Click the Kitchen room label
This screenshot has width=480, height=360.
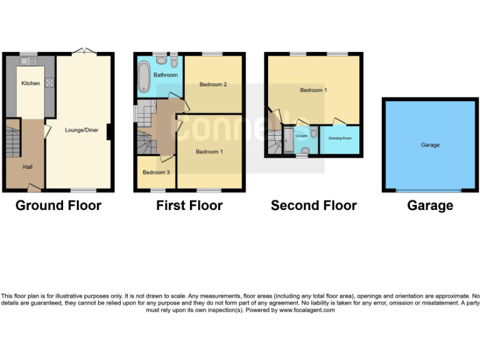[x=31, y=83]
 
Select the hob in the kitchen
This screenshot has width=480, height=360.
[x=48, y=82]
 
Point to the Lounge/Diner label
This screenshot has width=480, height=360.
[x=81, y=130]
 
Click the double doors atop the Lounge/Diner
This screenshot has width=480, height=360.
[x=81, y=51]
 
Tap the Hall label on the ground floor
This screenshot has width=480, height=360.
[x=28, y=167]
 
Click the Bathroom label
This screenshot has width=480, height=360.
[x=166, y=75]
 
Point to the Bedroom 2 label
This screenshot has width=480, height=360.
[x=212, y=84]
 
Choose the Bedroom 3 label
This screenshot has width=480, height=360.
[x=156, y=172]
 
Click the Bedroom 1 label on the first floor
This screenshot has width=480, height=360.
[x=209, y=152]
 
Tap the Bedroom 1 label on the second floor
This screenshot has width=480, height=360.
[x=313, y=90]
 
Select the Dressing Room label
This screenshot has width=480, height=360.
[x=340, y=138]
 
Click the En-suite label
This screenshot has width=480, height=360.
[x=301, y=136]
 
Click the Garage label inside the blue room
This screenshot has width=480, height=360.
[x=430, y=145]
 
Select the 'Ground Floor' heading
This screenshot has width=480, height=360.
[x=58, y=206]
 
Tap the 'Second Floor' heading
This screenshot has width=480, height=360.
[x=313, y=206]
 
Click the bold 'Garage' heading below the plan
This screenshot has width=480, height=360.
[x=430, y=206]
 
